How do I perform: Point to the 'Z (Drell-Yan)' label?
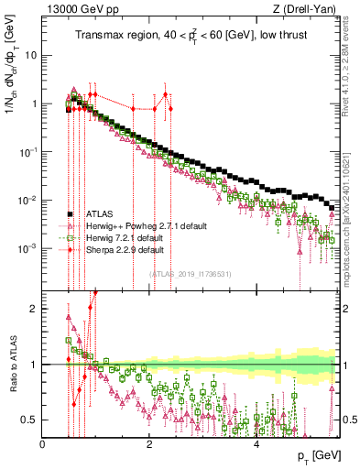point(304,10)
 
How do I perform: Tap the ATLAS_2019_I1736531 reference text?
point(190,273)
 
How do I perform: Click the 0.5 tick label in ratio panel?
point(29,420)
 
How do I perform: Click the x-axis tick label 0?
point(43,443)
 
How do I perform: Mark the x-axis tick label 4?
point(256,443)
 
